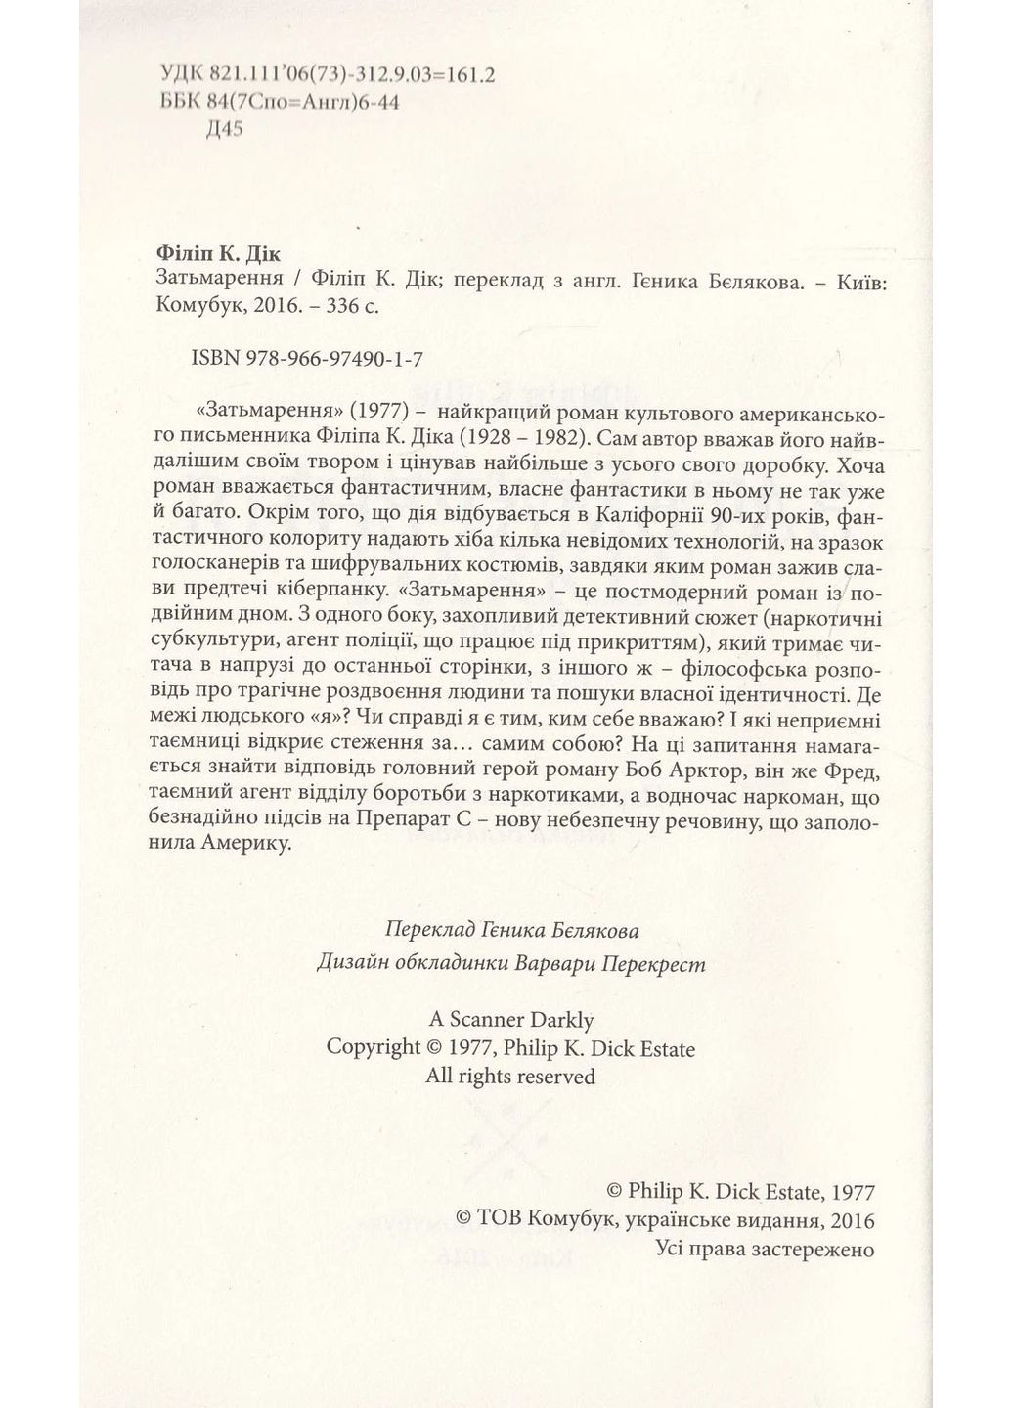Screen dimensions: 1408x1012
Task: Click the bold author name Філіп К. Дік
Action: (218, 252)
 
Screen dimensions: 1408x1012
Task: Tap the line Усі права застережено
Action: (763, 1249)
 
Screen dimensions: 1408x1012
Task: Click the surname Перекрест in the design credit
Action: (649, 963)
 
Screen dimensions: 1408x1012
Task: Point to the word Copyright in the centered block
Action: (373, 1048)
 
